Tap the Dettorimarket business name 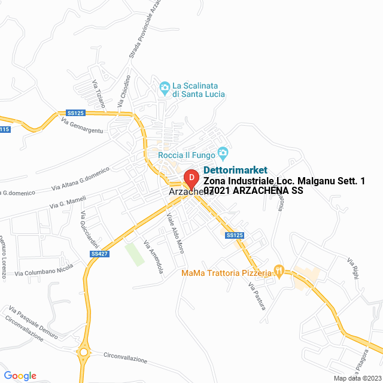point(236,170)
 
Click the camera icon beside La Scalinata point(165,88)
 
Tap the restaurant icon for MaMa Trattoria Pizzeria point(278,270)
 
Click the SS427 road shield point(99,254)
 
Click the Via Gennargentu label point(82,126)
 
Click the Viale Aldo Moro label point(175,233)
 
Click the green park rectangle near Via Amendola point(135,254)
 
